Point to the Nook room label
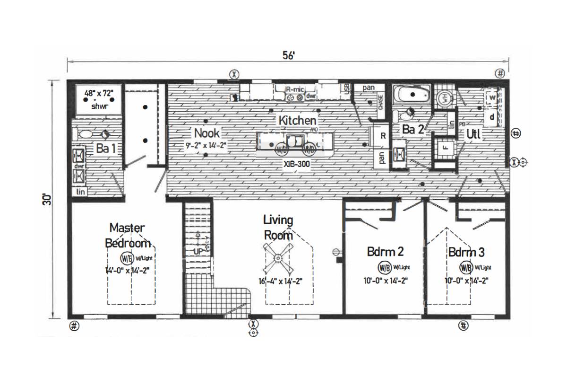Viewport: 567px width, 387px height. point(207,133)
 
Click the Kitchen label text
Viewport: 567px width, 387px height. point(297,120)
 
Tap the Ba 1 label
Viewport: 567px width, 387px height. point(106,148)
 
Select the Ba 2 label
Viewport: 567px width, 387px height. point(413,130)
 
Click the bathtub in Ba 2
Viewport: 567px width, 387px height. point(412,96)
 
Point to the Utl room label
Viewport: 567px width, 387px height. point(473,134)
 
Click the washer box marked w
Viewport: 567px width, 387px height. point(492,97)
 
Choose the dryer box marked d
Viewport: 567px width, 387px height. point(492,117)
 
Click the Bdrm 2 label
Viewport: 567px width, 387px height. point(386,251)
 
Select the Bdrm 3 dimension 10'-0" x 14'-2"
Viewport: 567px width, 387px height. point(466,280)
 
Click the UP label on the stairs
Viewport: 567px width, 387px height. point(198,251)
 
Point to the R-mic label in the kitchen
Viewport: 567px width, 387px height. point(295,88)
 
